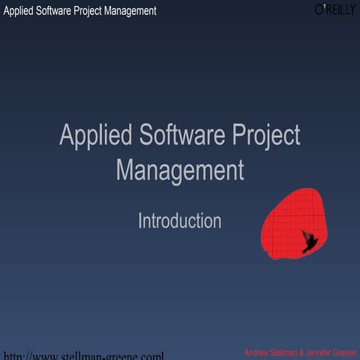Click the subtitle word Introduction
coord(179,221)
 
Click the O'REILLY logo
coord(334,10)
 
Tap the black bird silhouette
coord(308,241)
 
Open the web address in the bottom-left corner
coord(82,355)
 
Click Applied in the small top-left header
coord(19,10)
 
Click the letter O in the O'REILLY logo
coord(319,10)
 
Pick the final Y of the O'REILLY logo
coord(352,10)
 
